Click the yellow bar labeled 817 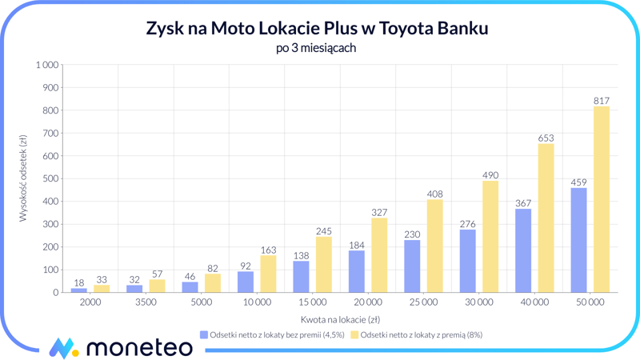[x=601, y=199]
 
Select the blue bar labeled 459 [x=578, y=240]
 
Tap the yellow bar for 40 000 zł [x=546, y=218]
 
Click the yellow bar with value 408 [x=434, y=246]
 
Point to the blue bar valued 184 [x=356, y=271]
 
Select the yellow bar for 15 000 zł [x=323, y=264]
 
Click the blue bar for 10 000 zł [x=246, y=282]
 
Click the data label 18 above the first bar [x=78, y=282]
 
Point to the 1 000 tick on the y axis [x=46, y=65]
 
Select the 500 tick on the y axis [x=50, y=178]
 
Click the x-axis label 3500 [x=146, y=302]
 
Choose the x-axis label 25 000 [x=423, y=302]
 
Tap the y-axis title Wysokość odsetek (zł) [x=24, y=178]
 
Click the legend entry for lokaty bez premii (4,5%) [x=272, y=335]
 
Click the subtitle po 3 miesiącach [x=315, y=48]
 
